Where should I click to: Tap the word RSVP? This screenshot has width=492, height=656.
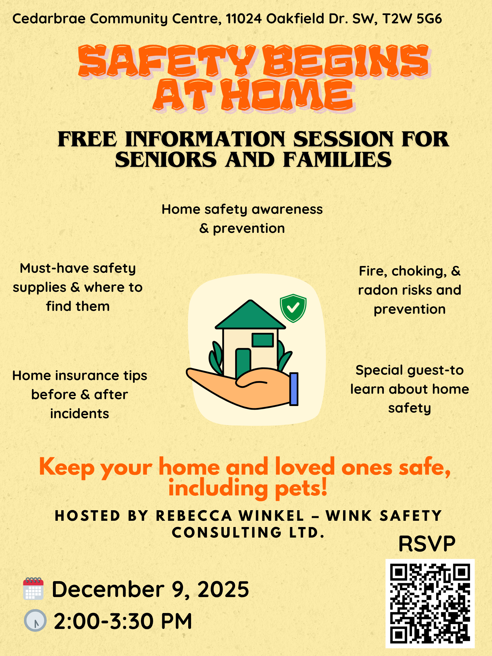(427, 544)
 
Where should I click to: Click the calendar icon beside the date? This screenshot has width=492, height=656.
(34, 589)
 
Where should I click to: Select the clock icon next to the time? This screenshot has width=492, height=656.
(35, 620)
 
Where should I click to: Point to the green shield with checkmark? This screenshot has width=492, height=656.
(293, 308)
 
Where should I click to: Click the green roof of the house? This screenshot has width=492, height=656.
(250, 315)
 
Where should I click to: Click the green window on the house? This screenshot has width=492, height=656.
(263, 340)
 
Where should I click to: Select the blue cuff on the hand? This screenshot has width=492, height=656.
(294, 389)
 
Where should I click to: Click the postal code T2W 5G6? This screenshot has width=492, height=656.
(412, 19)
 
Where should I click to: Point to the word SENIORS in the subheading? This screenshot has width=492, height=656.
(166, 159)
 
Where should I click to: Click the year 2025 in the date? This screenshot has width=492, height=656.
(223, 589)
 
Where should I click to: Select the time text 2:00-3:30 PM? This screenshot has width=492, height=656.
(123, 621)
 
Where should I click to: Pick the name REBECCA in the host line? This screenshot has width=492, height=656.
(194, 516)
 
